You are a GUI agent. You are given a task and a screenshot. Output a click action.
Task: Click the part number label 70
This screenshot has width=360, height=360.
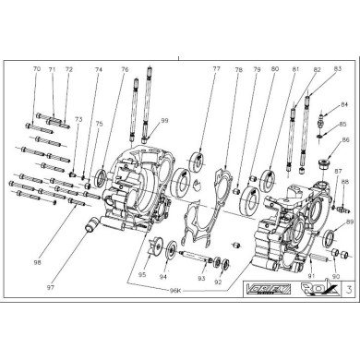[x=36, y=69]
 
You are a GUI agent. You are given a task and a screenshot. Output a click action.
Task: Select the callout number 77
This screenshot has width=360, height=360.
[x=215, y=69]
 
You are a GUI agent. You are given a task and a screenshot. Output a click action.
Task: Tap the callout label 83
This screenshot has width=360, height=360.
[x=337, y=69]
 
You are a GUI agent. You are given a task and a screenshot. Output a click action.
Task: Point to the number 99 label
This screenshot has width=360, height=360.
[x=164, y=121]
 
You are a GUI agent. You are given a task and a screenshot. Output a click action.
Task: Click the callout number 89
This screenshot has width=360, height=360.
[x=350, y=222]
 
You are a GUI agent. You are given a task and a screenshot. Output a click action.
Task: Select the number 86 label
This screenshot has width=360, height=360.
[x=346, y=140]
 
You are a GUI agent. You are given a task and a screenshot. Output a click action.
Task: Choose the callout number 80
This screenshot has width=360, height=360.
[x=275, y=69]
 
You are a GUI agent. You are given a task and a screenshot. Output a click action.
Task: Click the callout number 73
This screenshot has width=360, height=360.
[x=78, y=119]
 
